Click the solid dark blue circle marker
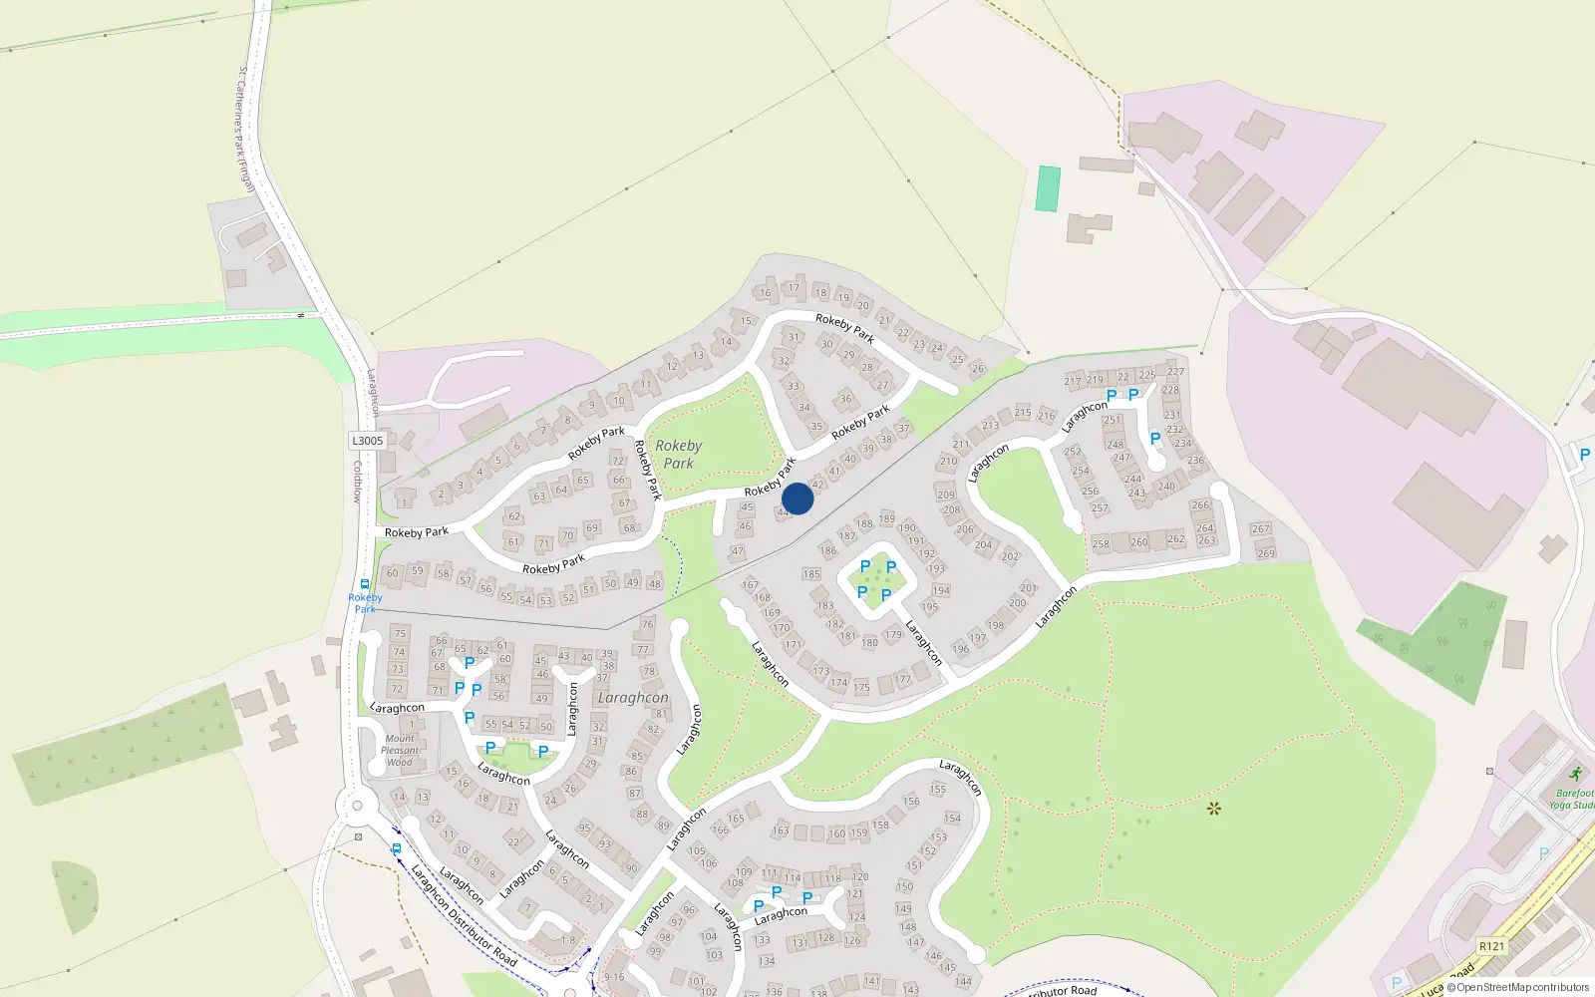tap(797, 498)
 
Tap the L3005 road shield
tap(367, 441)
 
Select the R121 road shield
tap(1491, 946)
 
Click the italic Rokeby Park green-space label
tap(678, 455)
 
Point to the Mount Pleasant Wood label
tap(400, 751)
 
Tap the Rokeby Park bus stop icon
tap(365, 584)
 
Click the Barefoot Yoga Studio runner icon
tap(1575, 775)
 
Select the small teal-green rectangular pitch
tap(1048, 188)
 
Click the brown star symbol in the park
tap(1213, 809)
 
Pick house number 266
tap(1200, 505)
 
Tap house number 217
tap(1072, 381)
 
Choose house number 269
tap(1266, 553)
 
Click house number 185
tap(811, 574)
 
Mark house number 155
tap(937, 789)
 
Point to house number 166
tap(720, 830)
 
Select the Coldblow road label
tap(357, 482)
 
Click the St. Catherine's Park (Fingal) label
tap(245, 130)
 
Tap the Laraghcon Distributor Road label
tap(464, 914)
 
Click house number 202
tap(1010, 556)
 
